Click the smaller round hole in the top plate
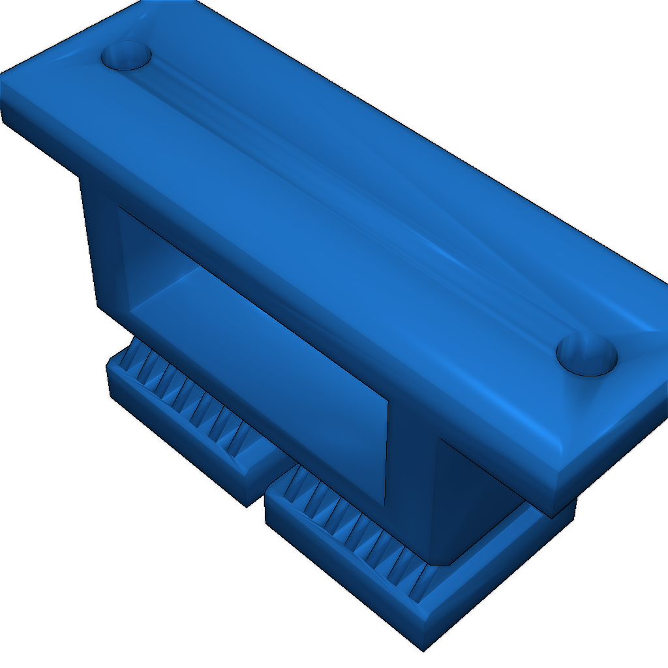point(126,57)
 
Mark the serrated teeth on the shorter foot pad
point(189,398)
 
